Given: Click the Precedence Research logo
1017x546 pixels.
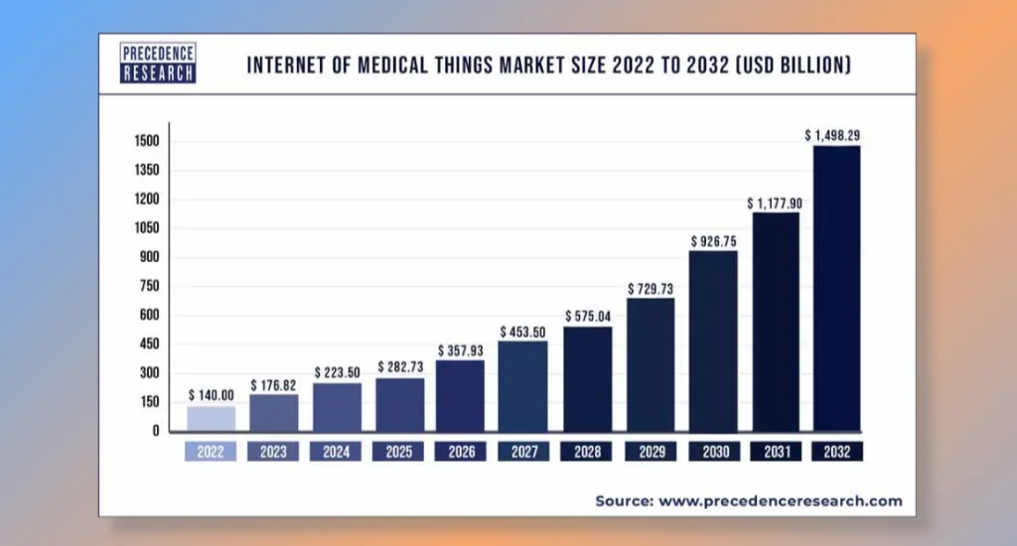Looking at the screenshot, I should click(158, 64).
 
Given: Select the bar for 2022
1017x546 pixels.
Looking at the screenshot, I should click(211, 418).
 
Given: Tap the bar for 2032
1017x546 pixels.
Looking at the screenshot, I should click(836, 288).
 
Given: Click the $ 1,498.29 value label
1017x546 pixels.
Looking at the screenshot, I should click(836, 134).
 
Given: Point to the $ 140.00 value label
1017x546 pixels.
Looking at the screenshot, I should click(211, 394).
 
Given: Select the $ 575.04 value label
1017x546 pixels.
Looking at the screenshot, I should click(588, 316).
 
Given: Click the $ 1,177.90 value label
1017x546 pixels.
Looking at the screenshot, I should click(775, 203).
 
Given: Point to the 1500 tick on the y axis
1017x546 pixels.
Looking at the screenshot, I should click(147, 142).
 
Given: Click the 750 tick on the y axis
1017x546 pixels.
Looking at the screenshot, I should click(150, 287).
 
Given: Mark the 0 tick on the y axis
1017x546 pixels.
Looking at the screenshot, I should click(156, 431).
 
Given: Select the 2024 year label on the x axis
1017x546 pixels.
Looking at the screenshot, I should click(336, 452).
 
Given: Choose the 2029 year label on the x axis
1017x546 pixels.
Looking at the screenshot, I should click(650, 452).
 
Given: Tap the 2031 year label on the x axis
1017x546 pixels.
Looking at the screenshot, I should click(775, 452).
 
